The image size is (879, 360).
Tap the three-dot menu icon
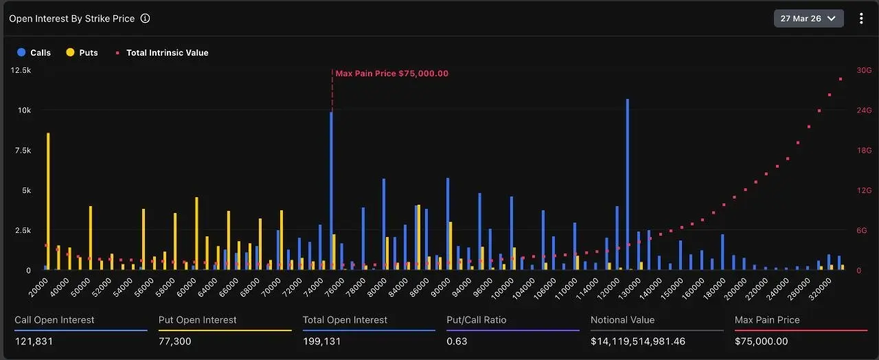tap(861, 19)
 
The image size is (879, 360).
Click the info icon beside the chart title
tap(145, 19)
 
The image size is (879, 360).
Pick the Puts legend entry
tap(82, 53)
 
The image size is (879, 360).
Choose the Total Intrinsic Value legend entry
tap(162, 53)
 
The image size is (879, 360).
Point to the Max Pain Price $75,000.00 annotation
tap(391, 74)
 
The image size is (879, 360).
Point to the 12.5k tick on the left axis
tap(21, 70)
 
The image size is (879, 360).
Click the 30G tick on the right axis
tap(863, 70)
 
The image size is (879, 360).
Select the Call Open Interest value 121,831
tap(34, 341)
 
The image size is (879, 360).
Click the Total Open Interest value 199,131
tap(322, 341)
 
